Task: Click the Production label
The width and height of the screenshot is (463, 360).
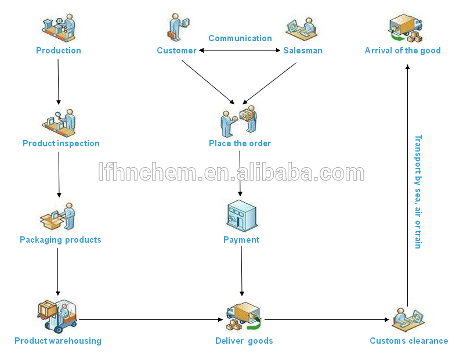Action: [x=59, y=51]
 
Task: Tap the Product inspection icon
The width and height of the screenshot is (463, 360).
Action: [x=59, y=123]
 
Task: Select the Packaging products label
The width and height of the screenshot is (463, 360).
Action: [x=60, y=240]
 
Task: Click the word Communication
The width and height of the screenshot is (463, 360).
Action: [x=240, y=38]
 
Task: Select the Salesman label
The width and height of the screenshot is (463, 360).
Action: [x=303, y=51]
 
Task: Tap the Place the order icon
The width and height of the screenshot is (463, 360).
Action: [x=239, y=121]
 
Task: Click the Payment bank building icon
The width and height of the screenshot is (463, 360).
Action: [x=242, y=216]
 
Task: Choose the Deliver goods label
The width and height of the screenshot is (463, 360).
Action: [x=244, y=341]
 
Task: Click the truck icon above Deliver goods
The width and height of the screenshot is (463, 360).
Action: [x=244, y=316]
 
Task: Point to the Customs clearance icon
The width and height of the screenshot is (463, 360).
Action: [x=408, y=320]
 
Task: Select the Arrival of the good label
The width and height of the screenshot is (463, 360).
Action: [x=403, y=51]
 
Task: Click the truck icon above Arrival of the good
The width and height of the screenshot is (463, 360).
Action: [x=405, y=28]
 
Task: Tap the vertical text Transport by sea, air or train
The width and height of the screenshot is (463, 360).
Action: [x=418, y=192]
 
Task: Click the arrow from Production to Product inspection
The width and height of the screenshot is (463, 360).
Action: [x=58, y=81]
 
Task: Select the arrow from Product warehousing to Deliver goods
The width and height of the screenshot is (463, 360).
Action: [x=151, y=319]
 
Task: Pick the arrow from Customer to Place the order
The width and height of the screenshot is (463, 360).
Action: [x=208, y=82]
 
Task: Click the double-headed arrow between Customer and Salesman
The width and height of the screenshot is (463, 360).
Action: [x=240, y=51]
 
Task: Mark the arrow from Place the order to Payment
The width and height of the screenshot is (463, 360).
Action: [x=240, y=174]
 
